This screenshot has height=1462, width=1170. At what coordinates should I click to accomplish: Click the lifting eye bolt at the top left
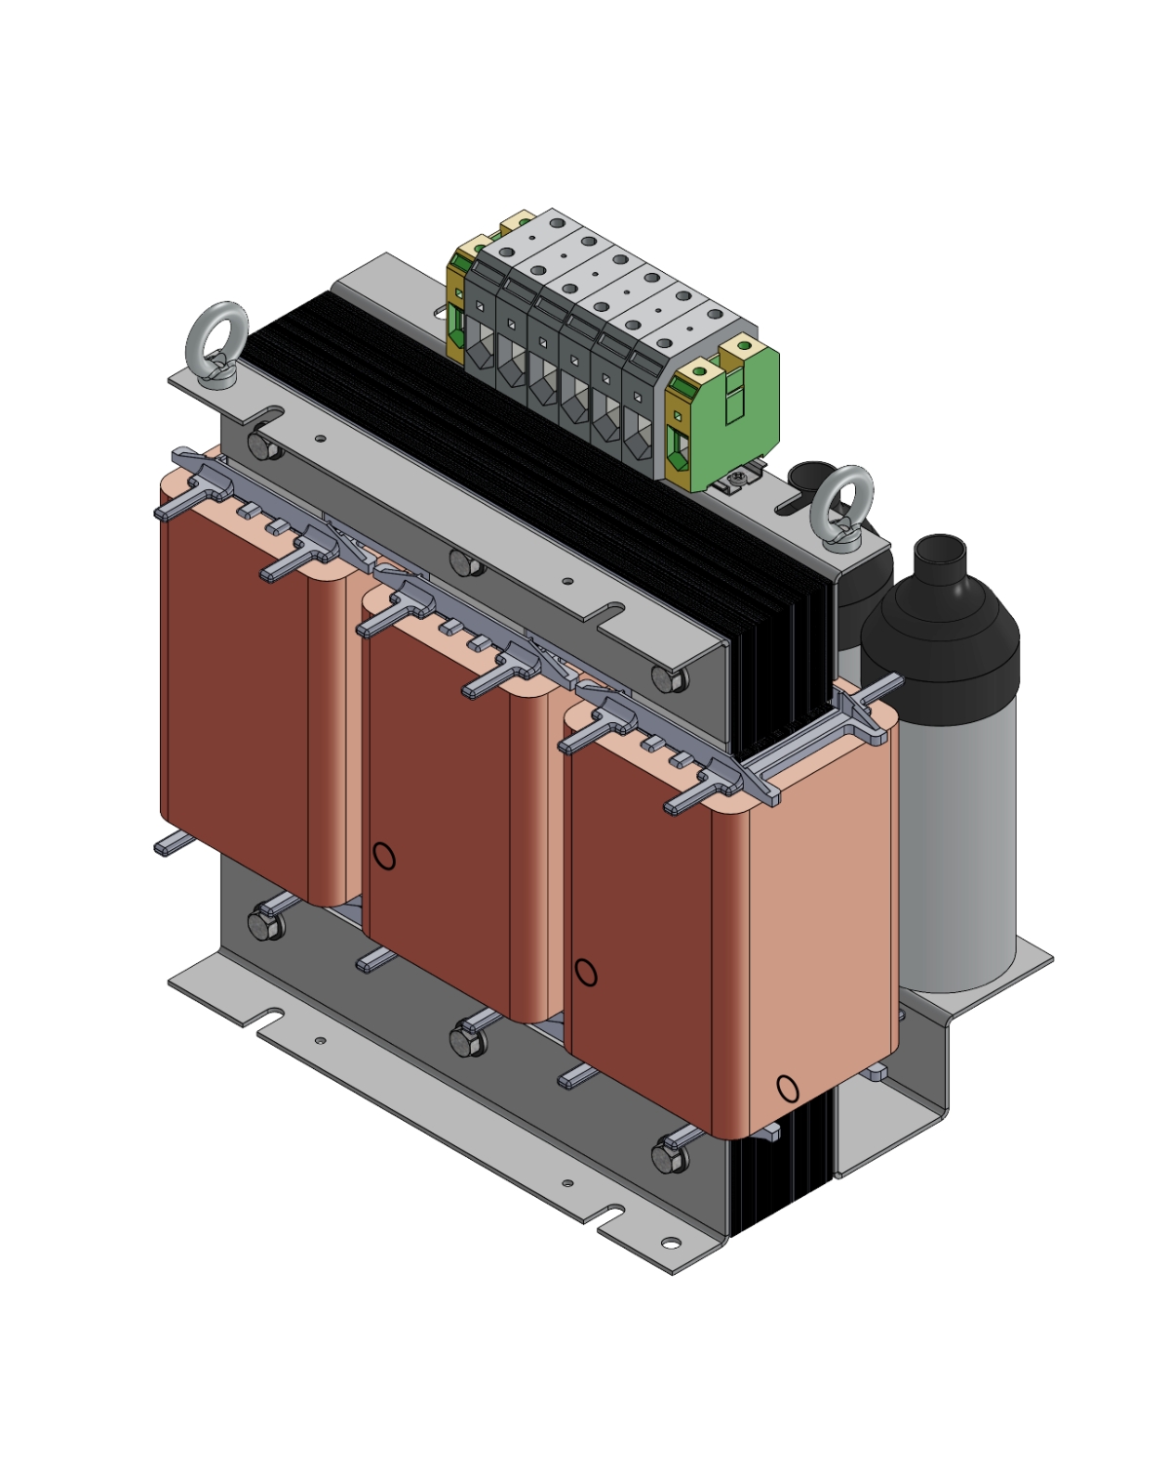pyautogui.click(x=215, y=333)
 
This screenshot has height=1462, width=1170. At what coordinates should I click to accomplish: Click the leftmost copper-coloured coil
pyautogui.click(x=234, y=682)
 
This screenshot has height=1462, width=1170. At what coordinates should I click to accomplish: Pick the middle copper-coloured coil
pyautogui.click(x=439, y=799)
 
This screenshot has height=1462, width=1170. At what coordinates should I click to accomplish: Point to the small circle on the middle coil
pyautogui.click(x=384, y=857)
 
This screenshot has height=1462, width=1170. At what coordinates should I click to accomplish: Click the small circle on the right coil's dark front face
pyautogui.click(x=585, y=972)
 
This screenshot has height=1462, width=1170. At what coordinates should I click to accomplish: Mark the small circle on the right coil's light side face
pyautogui.click(x=787, y=1088)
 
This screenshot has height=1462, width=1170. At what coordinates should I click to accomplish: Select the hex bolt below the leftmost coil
pyautogui.click(x=263, y=924)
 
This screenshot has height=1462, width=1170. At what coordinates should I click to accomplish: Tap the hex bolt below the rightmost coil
pyautogui.click(x=669, y=1157)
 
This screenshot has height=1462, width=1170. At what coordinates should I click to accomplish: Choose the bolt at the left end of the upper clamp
pyautogui.click(x=262, y=446)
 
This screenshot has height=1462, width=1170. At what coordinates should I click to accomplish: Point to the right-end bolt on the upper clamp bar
pyautogui.click(x=667, y=679)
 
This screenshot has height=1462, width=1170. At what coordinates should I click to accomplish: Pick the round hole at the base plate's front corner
pyautogui.click(x=670, y=1243)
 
